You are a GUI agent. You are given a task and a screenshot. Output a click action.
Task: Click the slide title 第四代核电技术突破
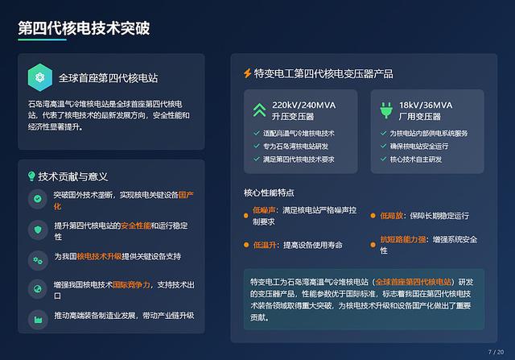pyautogui.click(x=84, y=28)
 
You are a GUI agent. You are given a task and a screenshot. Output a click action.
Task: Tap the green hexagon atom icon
pyautogui.click(x=40, y=77)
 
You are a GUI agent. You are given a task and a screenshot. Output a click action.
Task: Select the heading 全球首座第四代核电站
pyautogui.click(x=109, y=78)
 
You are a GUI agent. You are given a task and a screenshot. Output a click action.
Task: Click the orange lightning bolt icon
pyautogui.click(x=248, y=73)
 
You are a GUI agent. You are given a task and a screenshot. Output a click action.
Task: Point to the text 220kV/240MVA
pyautogui.click(x=304, y=106)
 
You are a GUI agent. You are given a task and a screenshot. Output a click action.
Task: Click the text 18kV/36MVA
pyautogui.click(x=426, y=106)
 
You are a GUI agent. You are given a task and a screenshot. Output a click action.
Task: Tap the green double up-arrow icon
pyautogui.click(x=259, y=110)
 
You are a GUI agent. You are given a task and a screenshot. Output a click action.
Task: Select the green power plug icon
pyautogui.click(x=386, y=110)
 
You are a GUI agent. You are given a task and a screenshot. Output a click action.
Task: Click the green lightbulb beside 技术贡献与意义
pyautogui.click(x=31, y=176)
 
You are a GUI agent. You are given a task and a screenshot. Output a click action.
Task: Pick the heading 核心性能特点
pyautogui.click(x=269, y=192)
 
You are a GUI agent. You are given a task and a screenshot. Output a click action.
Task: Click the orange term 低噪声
pyautogui.click(x=264, y=210)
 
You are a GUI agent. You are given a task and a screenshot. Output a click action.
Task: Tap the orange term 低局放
pyautogui.click(x=392, y=216)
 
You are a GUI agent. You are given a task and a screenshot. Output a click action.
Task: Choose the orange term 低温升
pyautogui.click(x=265, y=245)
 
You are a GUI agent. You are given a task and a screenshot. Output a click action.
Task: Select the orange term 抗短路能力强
pyautogui.click(x=403, y=239)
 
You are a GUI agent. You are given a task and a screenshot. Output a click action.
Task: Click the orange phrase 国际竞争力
pyautogui.click(x=131, y=285)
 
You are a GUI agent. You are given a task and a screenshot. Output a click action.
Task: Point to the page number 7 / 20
pyautogui.click(x=496, y=352)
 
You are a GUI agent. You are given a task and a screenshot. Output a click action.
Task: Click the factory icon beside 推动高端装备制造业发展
pyautogui.click(x=38, y=320)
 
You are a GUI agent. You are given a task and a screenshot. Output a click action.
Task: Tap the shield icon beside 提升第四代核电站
pyautogui.click(x=38, y=230)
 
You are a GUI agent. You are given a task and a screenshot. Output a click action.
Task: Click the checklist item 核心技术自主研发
pyautogui.click(x=416, y=159)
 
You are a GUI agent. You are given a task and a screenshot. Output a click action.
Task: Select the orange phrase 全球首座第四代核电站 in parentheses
pyautogui.click(x=413, y=282)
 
